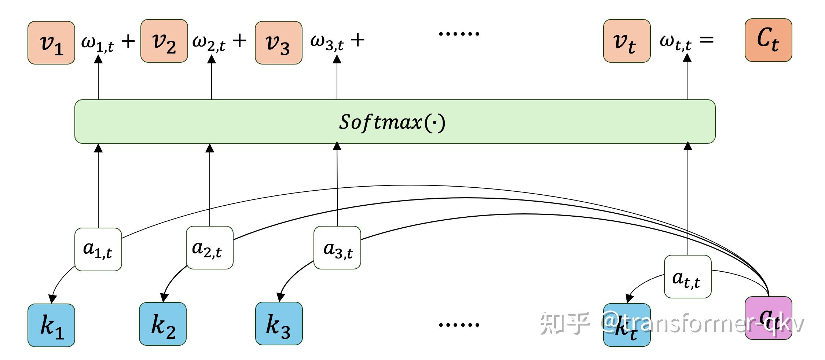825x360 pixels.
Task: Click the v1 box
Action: coord(51,43)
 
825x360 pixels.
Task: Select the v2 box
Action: coord(164,41)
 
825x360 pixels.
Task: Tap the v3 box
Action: coord(279,43)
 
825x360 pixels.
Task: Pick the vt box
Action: coord(627,41)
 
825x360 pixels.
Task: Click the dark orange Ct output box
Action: coord(768,40)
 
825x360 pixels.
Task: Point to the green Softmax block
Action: coord(395,121)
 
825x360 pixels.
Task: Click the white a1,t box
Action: coord(98,249)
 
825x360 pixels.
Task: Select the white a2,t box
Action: coord(209,248)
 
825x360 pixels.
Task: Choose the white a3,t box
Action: coord(337,248)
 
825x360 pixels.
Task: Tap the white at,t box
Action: coord(687,277)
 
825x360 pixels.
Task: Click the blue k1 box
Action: coord(51,325)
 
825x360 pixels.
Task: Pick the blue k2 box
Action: coord(163,324)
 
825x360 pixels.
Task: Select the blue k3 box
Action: coord(279,324)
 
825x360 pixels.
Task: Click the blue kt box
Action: coord(627,325)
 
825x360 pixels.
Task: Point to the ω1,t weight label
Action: coord(97,43)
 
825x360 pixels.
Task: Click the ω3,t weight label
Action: coord(327,43)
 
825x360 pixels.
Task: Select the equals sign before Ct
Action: coord(707,40)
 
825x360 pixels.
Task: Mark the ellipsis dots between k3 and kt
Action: coord(459,324)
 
